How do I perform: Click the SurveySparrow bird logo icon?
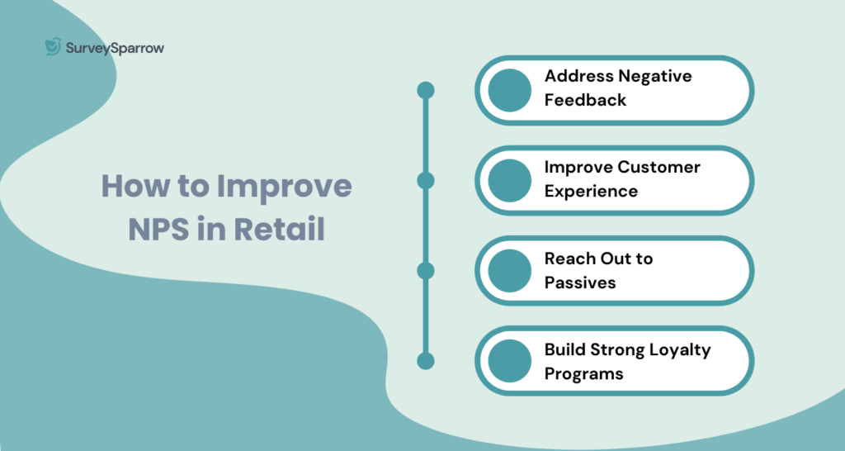point(54,47)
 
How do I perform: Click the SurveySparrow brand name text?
point(115,48)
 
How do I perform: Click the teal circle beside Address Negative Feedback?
point(509,90)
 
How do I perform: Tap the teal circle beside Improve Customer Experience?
point(509,180)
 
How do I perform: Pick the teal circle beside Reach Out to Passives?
point(509,270)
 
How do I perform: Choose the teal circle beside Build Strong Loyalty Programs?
point(509,361)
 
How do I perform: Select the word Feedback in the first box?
point(585,100)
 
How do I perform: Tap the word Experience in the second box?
point(591,191)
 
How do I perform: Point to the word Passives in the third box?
point(580,282)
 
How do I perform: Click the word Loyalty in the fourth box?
point(674,349)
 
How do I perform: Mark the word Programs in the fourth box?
point(583,373)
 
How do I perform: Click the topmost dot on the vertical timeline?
point(426,90)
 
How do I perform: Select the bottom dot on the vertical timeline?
point(426,361)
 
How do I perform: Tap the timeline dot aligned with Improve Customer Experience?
point(426,180)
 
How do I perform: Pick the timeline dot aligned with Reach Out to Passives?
point(426,270)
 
